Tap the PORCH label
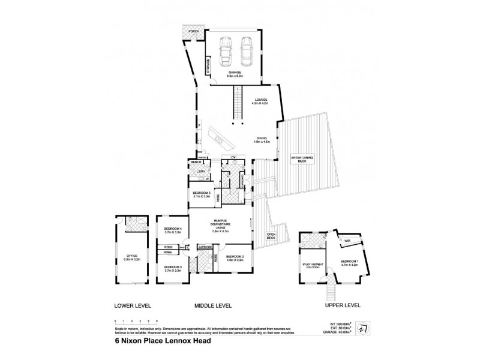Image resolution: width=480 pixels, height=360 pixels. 193,31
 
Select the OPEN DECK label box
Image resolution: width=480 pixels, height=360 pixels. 271,235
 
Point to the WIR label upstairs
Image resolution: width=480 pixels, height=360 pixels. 347,241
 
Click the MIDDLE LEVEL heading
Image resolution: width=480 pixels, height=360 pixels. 213,306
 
